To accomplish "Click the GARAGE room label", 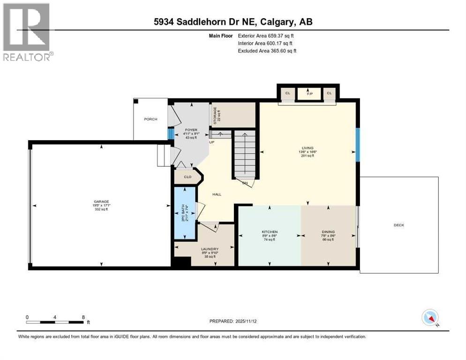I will (x=101, y=202).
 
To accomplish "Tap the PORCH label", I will (x=150, y=119).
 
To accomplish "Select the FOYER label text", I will (x=191, y=130).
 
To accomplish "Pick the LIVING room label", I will (x=308, y=148).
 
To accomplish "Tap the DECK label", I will (x=398, y=225).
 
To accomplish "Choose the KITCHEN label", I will (x=270, y=232).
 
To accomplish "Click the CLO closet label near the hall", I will (x=188, y=177).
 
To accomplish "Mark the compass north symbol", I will (x=430, y=318).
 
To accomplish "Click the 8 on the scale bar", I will (x=83, y=317).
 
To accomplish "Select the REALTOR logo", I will (x=28, y=32).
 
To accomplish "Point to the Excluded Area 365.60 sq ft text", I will (x=267, y=51).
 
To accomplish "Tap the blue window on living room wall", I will (x=357, y=145).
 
